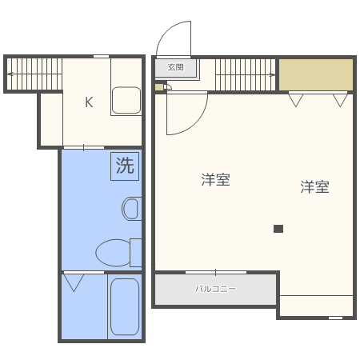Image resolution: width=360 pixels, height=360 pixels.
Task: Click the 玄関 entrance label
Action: (x=175, y=68)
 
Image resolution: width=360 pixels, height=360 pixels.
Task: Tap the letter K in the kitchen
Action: (x=90, y=102)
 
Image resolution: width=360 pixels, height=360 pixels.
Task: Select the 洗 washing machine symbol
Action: (x=125, y=166)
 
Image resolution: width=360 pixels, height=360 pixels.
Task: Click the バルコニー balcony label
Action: (x=216, y=289)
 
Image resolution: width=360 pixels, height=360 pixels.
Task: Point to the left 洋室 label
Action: (x=216, y=180)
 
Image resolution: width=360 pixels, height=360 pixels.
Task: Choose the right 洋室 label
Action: (x=315, y=187)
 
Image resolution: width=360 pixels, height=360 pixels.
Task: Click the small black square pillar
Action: (x=278, y=229)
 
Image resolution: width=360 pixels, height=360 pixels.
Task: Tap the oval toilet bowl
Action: (x=113, y=254)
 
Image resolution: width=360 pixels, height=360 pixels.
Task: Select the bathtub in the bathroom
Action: (x=124, y=307)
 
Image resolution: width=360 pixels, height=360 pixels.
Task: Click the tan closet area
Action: (x=315, y=74)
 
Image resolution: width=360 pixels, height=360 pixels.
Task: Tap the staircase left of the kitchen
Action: (x=34, y=74)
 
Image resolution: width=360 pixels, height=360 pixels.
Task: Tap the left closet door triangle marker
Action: (x=297, y=100)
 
